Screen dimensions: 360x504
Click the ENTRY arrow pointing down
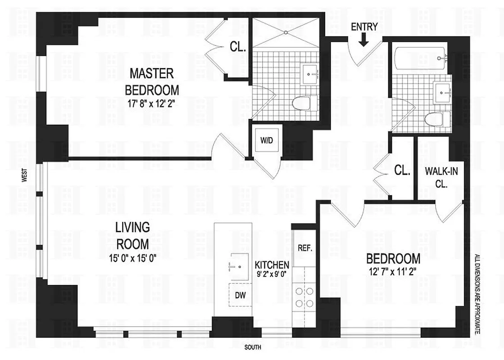tap(364, 40)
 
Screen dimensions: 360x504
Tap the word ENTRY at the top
tap(364, 27)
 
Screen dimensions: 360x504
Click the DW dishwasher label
tap(240, 295)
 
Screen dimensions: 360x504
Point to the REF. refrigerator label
tap(305, 248)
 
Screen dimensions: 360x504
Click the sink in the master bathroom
tap(311, 72)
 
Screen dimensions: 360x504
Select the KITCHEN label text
tap(272, 265)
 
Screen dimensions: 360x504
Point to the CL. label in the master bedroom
tap(237, 46)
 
